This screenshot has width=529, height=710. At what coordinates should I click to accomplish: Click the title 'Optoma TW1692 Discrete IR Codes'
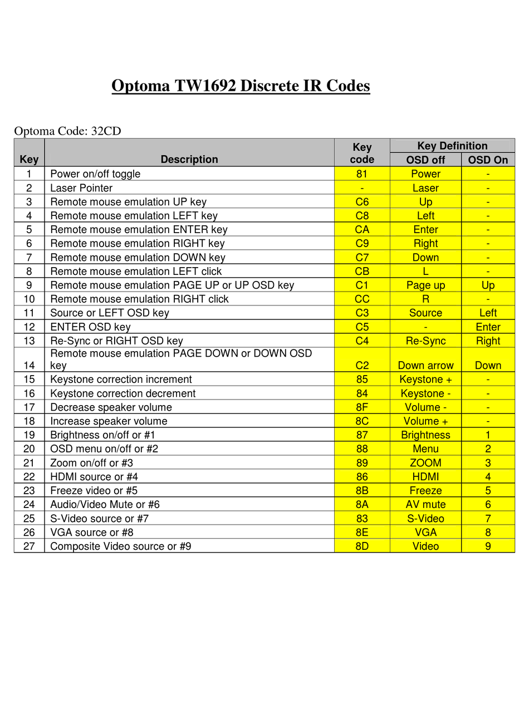pyautogui.click(x=241, y=86)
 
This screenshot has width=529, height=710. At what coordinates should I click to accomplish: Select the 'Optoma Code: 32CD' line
pyautogui.click(x=67, y=131)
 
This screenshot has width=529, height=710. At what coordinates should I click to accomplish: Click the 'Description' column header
pyautogui.click(x=189, y=159)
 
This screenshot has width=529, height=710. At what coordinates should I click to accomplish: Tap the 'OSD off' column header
pyautogui.click(x=425, y=160)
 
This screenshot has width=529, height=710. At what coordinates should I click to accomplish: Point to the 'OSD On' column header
pyautogui.click(x=488, y=160)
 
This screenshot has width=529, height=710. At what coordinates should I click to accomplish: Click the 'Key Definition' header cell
pyautogui.click(x=452, y=146)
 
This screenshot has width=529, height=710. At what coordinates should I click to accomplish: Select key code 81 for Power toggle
pyautogui.click(x=362, y=174)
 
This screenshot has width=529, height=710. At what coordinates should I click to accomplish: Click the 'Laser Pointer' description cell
pyautogui.click(x=81, y=188)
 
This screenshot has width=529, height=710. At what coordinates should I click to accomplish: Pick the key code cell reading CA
pyautogui.click(x=362, y=229)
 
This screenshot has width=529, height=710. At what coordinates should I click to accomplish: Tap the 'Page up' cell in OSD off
pyautogui.click(x=425, y=285)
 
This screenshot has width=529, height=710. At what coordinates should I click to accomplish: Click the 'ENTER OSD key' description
pyautogui.click(x=90, y=327)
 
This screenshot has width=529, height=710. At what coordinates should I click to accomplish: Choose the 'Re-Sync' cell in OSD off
pyautogui.click(x=425, y=341)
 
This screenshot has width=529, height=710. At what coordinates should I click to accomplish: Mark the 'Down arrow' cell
pyautogui.click(x=425, y=365)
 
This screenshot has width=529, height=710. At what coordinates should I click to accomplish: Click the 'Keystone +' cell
pyautogui.click(x=425, y=379)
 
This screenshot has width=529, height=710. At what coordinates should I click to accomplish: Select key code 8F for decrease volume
pyautogui.click(x=362, y=407)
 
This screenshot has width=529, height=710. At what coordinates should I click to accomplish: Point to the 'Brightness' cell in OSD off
pyautogui.click(x=425, y=435)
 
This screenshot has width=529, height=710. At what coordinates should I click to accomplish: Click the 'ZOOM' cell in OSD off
pyautogui.click(x=425, y=463)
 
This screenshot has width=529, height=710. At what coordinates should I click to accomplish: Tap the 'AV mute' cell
pyautogui.click(x=425, y=504)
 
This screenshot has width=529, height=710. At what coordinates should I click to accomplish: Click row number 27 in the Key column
pyautogui.click(x=29, y=546)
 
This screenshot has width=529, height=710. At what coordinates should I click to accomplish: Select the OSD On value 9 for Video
pyautogui.click(x=488, y=546)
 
